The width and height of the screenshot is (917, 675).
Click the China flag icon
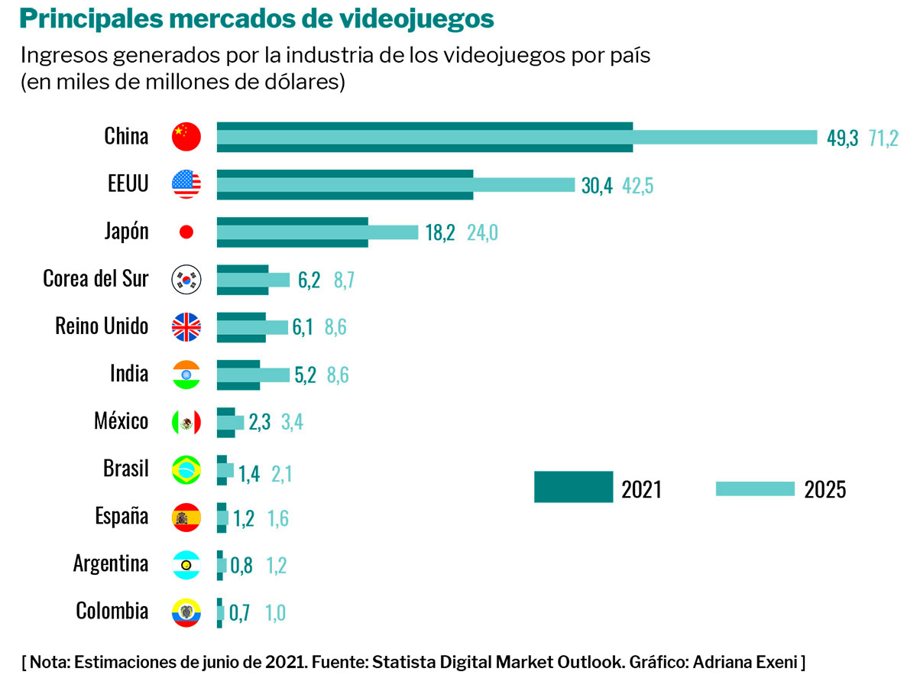pyautogui.click(x=186, y=137)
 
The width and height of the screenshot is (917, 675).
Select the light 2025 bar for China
pyautogui.click(x=517, y=137)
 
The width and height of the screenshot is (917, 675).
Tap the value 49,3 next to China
pyautogui.click(x=843, y=138)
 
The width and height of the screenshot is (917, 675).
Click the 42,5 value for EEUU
pyautogui.click(x=637, y=186)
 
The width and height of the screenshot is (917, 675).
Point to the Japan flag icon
pyautogui.click(x=186, y=232)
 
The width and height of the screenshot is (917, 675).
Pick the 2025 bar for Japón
pyautogui.click(x=317, y=232)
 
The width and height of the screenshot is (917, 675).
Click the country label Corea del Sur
pyautogui.click(x=96, y=278)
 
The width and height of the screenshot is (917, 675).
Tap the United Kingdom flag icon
pyautogui.click(x=186, y=326)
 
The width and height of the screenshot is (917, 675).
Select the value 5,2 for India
pyautogui.click(x=305, y=375)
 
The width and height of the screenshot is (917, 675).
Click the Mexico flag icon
pyautogui.click(x=186, y=421)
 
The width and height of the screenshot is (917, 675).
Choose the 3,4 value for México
pyautogui.click(x=293, y=422)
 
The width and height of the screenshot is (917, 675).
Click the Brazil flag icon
pyautogui.click(x=186, y=469)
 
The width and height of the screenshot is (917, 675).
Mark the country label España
pyautogui.click(x=122, y=516)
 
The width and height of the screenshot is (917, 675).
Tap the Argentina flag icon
pyautogui.click(x=186, y=564)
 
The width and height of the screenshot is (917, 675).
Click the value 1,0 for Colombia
pyautogui.click(x=275, y=612)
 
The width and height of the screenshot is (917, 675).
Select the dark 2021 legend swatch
pyautogui.click(x=573, y=487)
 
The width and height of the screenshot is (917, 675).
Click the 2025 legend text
pyautogui.click(x=825, y=489)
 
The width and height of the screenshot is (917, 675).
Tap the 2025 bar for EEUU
pyautogui.click(x=395, y=185)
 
